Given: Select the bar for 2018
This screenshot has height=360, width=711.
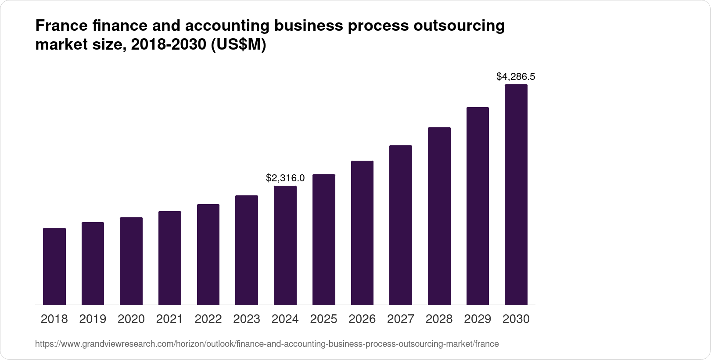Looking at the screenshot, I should pos(54,266).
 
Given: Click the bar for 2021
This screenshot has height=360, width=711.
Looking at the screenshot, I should pos(170,258).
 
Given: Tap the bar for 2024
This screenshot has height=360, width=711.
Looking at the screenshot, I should pos(285,245).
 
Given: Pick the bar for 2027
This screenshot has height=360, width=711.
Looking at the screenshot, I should pos(401,225).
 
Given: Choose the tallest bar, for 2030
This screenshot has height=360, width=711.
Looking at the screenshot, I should pos(516,194).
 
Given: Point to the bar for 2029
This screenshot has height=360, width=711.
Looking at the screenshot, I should pos(478,206).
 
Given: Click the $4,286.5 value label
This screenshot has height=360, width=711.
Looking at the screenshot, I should pos(516,77).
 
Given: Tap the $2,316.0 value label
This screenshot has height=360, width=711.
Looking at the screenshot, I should pos(285,178).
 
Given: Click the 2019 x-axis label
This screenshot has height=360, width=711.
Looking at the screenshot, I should pos(93,319).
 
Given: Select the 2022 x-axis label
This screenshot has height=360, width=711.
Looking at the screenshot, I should pos(208,319).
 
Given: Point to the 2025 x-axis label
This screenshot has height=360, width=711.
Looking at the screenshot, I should pos(324,319).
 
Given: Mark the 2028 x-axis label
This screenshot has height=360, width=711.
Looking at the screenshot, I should pos(439,319).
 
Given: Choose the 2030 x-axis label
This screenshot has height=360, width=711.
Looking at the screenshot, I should pos(516,319).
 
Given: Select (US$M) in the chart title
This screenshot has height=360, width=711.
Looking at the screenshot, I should pos(239,45).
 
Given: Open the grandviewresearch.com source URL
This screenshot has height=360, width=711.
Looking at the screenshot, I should pos(267,344).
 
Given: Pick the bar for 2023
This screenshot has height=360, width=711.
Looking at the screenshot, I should pos(247,250).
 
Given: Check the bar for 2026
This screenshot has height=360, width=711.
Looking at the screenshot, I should pos(362,233).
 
